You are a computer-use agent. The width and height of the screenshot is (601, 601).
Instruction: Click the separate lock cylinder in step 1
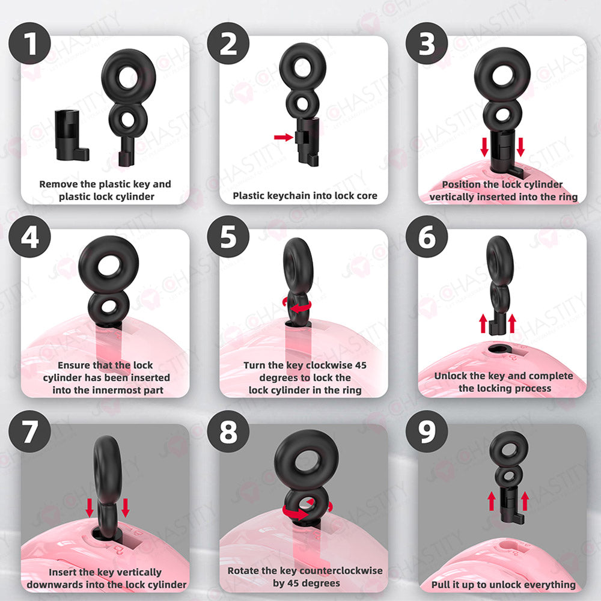(x=71, y=135)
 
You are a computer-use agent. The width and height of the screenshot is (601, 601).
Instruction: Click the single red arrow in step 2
(x=283, y=138)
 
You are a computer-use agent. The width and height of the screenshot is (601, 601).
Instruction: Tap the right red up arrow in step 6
(x=513, y=323)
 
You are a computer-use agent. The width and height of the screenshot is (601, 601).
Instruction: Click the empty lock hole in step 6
(x=499, y=348)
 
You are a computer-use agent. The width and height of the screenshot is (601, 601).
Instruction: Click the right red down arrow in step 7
(x=126, y=508)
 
